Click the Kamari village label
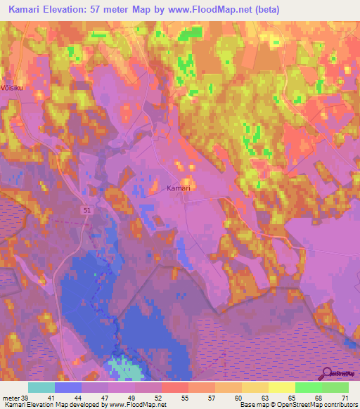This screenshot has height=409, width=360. pos(179,188)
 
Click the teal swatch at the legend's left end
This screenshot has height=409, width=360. pos(41,387)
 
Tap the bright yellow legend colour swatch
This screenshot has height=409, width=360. pos(281,387)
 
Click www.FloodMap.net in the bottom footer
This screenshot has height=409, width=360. pos(136,405)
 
